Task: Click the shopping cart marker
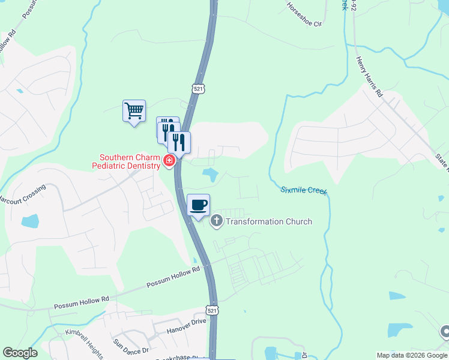point(134,111)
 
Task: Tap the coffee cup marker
point(199,205)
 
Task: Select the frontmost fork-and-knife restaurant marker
point(178,143)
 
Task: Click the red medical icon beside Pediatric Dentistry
point(169,160)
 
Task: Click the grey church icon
point(217,221)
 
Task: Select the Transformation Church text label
point(269,221)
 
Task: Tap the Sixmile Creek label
point(304,190)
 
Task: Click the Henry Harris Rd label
point(369,77)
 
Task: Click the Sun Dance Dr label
point(130,346)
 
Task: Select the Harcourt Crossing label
point(23,194)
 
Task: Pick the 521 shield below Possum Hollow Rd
point(211,310)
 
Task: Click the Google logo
point(20,353)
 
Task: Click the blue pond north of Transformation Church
point(210,175)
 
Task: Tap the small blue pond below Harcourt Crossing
point(30,221)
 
